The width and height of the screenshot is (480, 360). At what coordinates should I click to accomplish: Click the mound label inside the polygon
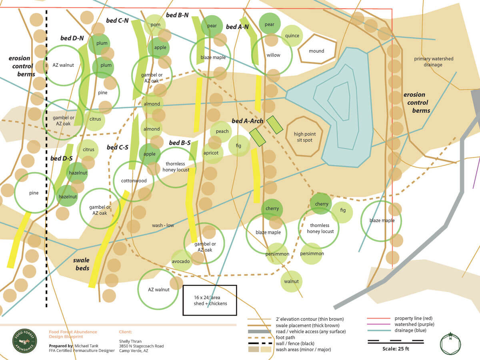pyautogui.click(x=316, y=51)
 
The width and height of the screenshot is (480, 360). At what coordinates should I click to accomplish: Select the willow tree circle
pyautogui.click(x=273, y=55)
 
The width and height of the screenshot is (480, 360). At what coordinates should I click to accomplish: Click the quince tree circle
pyautogui.click(x=292, y=36)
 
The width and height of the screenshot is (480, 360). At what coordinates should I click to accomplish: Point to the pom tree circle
pyautogui.click(x=155, y=25)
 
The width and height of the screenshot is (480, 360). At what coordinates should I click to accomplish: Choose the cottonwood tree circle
pyautogui.click(x=134, y=181)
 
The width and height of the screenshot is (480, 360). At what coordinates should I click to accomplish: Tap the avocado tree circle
pyautogui.click(x=181, y=261)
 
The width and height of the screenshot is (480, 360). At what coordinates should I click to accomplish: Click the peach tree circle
pyautogui.click(x=222, y=132)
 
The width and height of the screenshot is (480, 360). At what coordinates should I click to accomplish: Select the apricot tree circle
pyautogui.click(x=211, y=153)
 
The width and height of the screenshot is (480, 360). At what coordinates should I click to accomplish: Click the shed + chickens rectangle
pyautogui.click(x=210, y=300)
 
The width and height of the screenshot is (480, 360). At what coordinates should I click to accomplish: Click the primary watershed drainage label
pyautogui.click(x=433, y=62)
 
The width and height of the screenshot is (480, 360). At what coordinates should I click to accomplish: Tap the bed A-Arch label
pyautogui.click(x=247, y=120)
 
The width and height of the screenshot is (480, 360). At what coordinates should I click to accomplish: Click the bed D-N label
pyautogui.click(x=72, y=38)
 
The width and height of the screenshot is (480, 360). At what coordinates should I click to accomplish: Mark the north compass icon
pyautogui.click(x=450, y=343)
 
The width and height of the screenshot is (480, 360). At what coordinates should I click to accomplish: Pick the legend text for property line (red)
pyautogui.click(x=415, y=318)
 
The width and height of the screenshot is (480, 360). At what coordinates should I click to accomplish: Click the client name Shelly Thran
pyautogui.click(x=130, y=341)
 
